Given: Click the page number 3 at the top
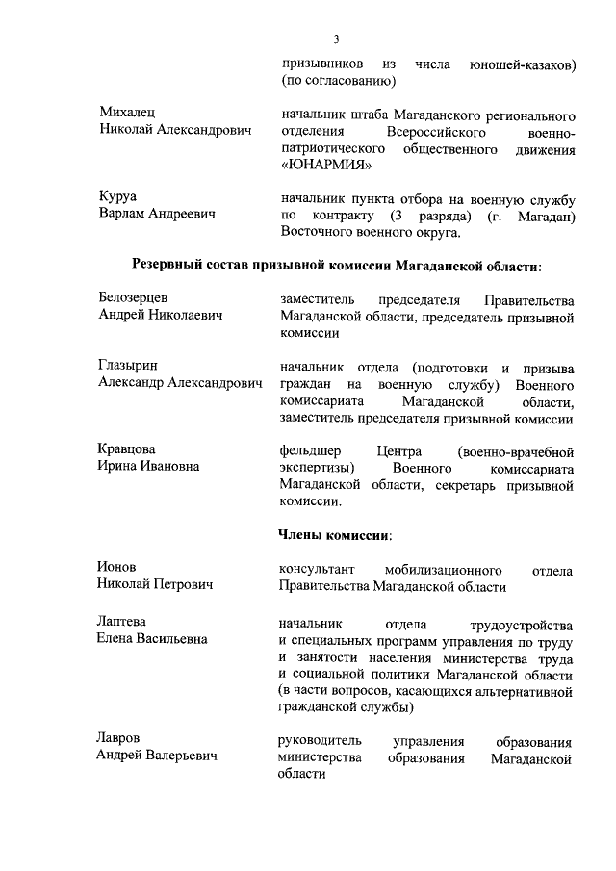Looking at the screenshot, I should pyautogui.click(x=336, y=39).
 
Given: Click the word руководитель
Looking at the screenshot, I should pyautogui.click(x=320, y=741).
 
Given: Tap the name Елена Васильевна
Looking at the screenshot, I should pyautogui.click(x=152, y=639).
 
